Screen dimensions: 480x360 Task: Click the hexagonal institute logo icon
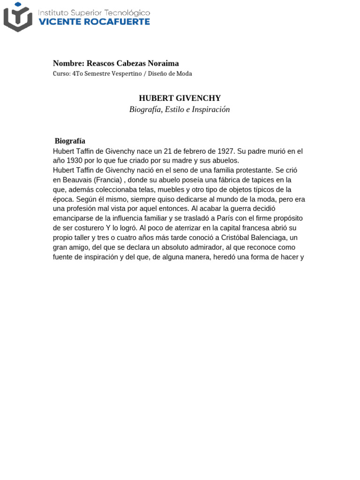[18, 16]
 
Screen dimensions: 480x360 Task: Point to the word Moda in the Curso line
[184, 74]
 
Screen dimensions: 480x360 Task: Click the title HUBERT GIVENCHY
[180, 98]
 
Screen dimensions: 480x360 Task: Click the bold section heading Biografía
[70, 141]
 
